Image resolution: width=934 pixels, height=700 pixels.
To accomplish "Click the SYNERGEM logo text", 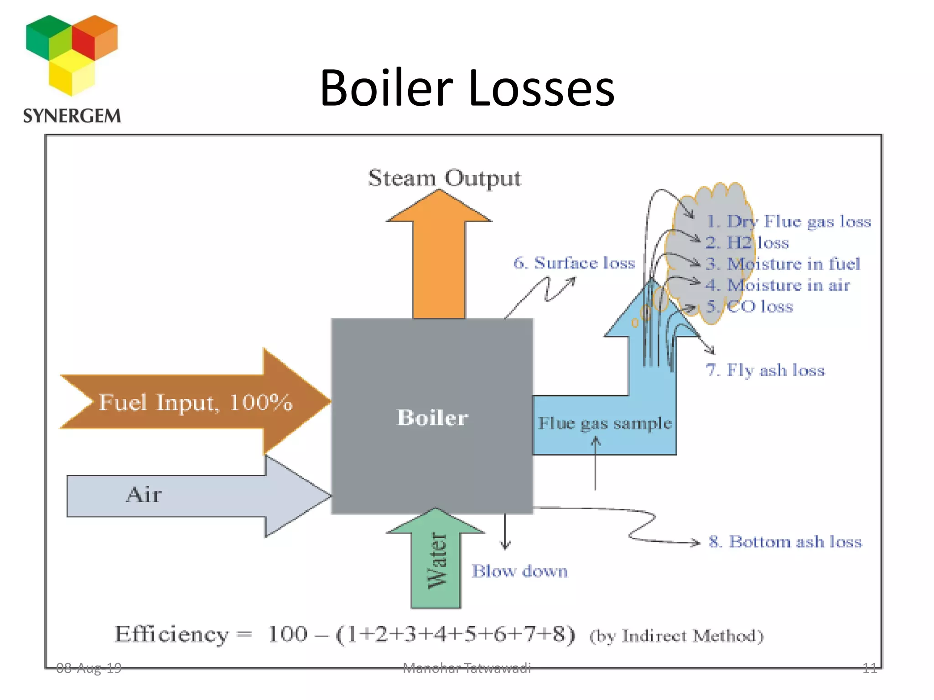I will (72, 116).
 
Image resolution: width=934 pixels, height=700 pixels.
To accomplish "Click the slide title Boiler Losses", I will (467, 87).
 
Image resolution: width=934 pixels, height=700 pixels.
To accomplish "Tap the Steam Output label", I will (444, 178).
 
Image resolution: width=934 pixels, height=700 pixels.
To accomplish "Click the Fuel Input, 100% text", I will (195, 402).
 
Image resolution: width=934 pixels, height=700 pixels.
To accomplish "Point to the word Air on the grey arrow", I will (144, 494).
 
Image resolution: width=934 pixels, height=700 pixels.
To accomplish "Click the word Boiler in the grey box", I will (432, 417).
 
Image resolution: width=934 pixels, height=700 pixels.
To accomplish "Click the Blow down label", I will (519, 571).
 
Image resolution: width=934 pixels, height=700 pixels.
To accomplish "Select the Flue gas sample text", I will (604, 423).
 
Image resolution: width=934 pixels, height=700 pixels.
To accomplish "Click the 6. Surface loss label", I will (574, 263).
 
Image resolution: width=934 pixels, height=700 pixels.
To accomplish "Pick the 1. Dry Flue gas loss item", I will (789, 221).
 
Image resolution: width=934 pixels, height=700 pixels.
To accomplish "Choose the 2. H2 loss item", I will (747, 242).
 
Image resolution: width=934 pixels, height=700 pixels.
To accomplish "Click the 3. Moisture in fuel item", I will (783, 264).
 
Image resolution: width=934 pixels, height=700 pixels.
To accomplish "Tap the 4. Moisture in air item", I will (778, 285).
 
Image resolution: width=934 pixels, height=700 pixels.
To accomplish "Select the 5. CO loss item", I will (750, 306).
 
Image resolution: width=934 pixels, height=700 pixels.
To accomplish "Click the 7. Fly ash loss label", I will (765, 370).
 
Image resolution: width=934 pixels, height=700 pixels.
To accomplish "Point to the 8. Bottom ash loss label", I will (785, 542).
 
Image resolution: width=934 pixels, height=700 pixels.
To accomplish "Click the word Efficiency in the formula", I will (171, 634).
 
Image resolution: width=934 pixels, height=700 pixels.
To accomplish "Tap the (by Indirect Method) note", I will (676, 636).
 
